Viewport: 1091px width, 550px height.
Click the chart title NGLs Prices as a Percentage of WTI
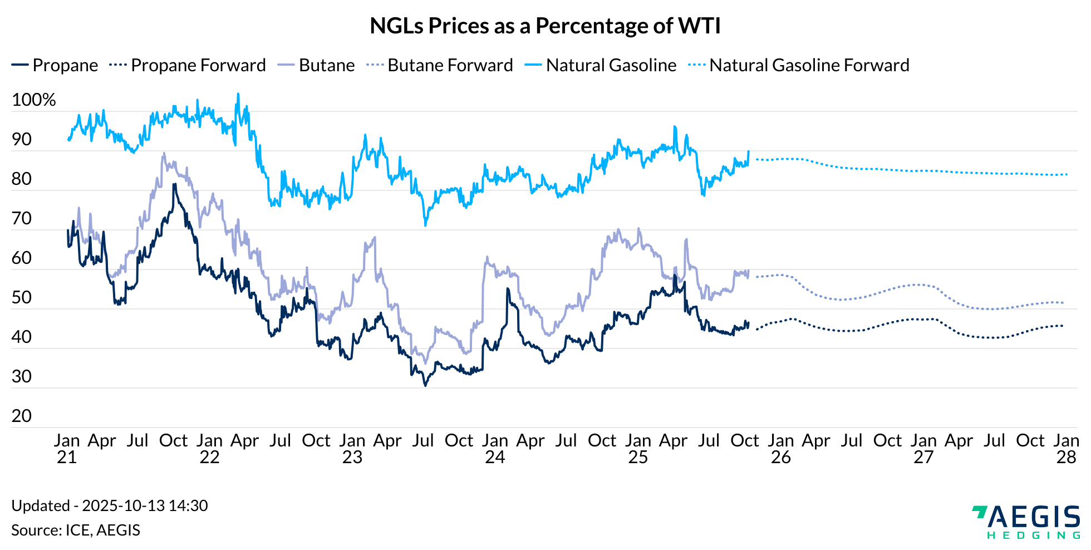click(545, 26)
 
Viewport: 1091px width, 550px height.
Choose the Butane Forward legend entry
click(440, 65)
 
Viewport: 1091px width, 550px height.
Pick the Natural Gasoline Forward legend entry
click(799, 65)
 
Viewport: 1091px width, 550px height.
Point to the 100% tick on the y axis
click(33, 100)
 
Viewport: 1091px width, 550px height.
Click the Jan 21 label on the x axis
click(67, 449)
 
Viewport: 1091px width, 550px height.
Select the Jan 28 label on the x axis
click(1066, 449)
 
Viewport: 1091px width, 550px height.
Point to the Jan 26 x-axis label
click(780, 449)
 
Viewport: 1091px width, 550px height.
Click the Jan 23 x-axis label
click(352, 449)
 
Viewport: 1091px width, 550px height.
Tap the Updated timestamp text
click(110, 505)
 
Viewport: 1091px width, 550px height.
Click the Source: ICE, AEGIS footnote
click(76, 530)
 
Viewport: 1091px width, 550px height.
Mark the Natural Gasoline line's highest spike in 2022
click(238, 94)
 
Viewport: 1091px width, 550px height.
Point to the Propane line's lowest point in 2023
click(425, 385)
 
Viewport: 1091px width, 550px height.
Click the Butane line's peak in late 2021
click(164, 153)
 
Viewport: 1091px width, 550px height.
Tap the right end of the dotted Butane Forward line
click(1063, 303)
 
